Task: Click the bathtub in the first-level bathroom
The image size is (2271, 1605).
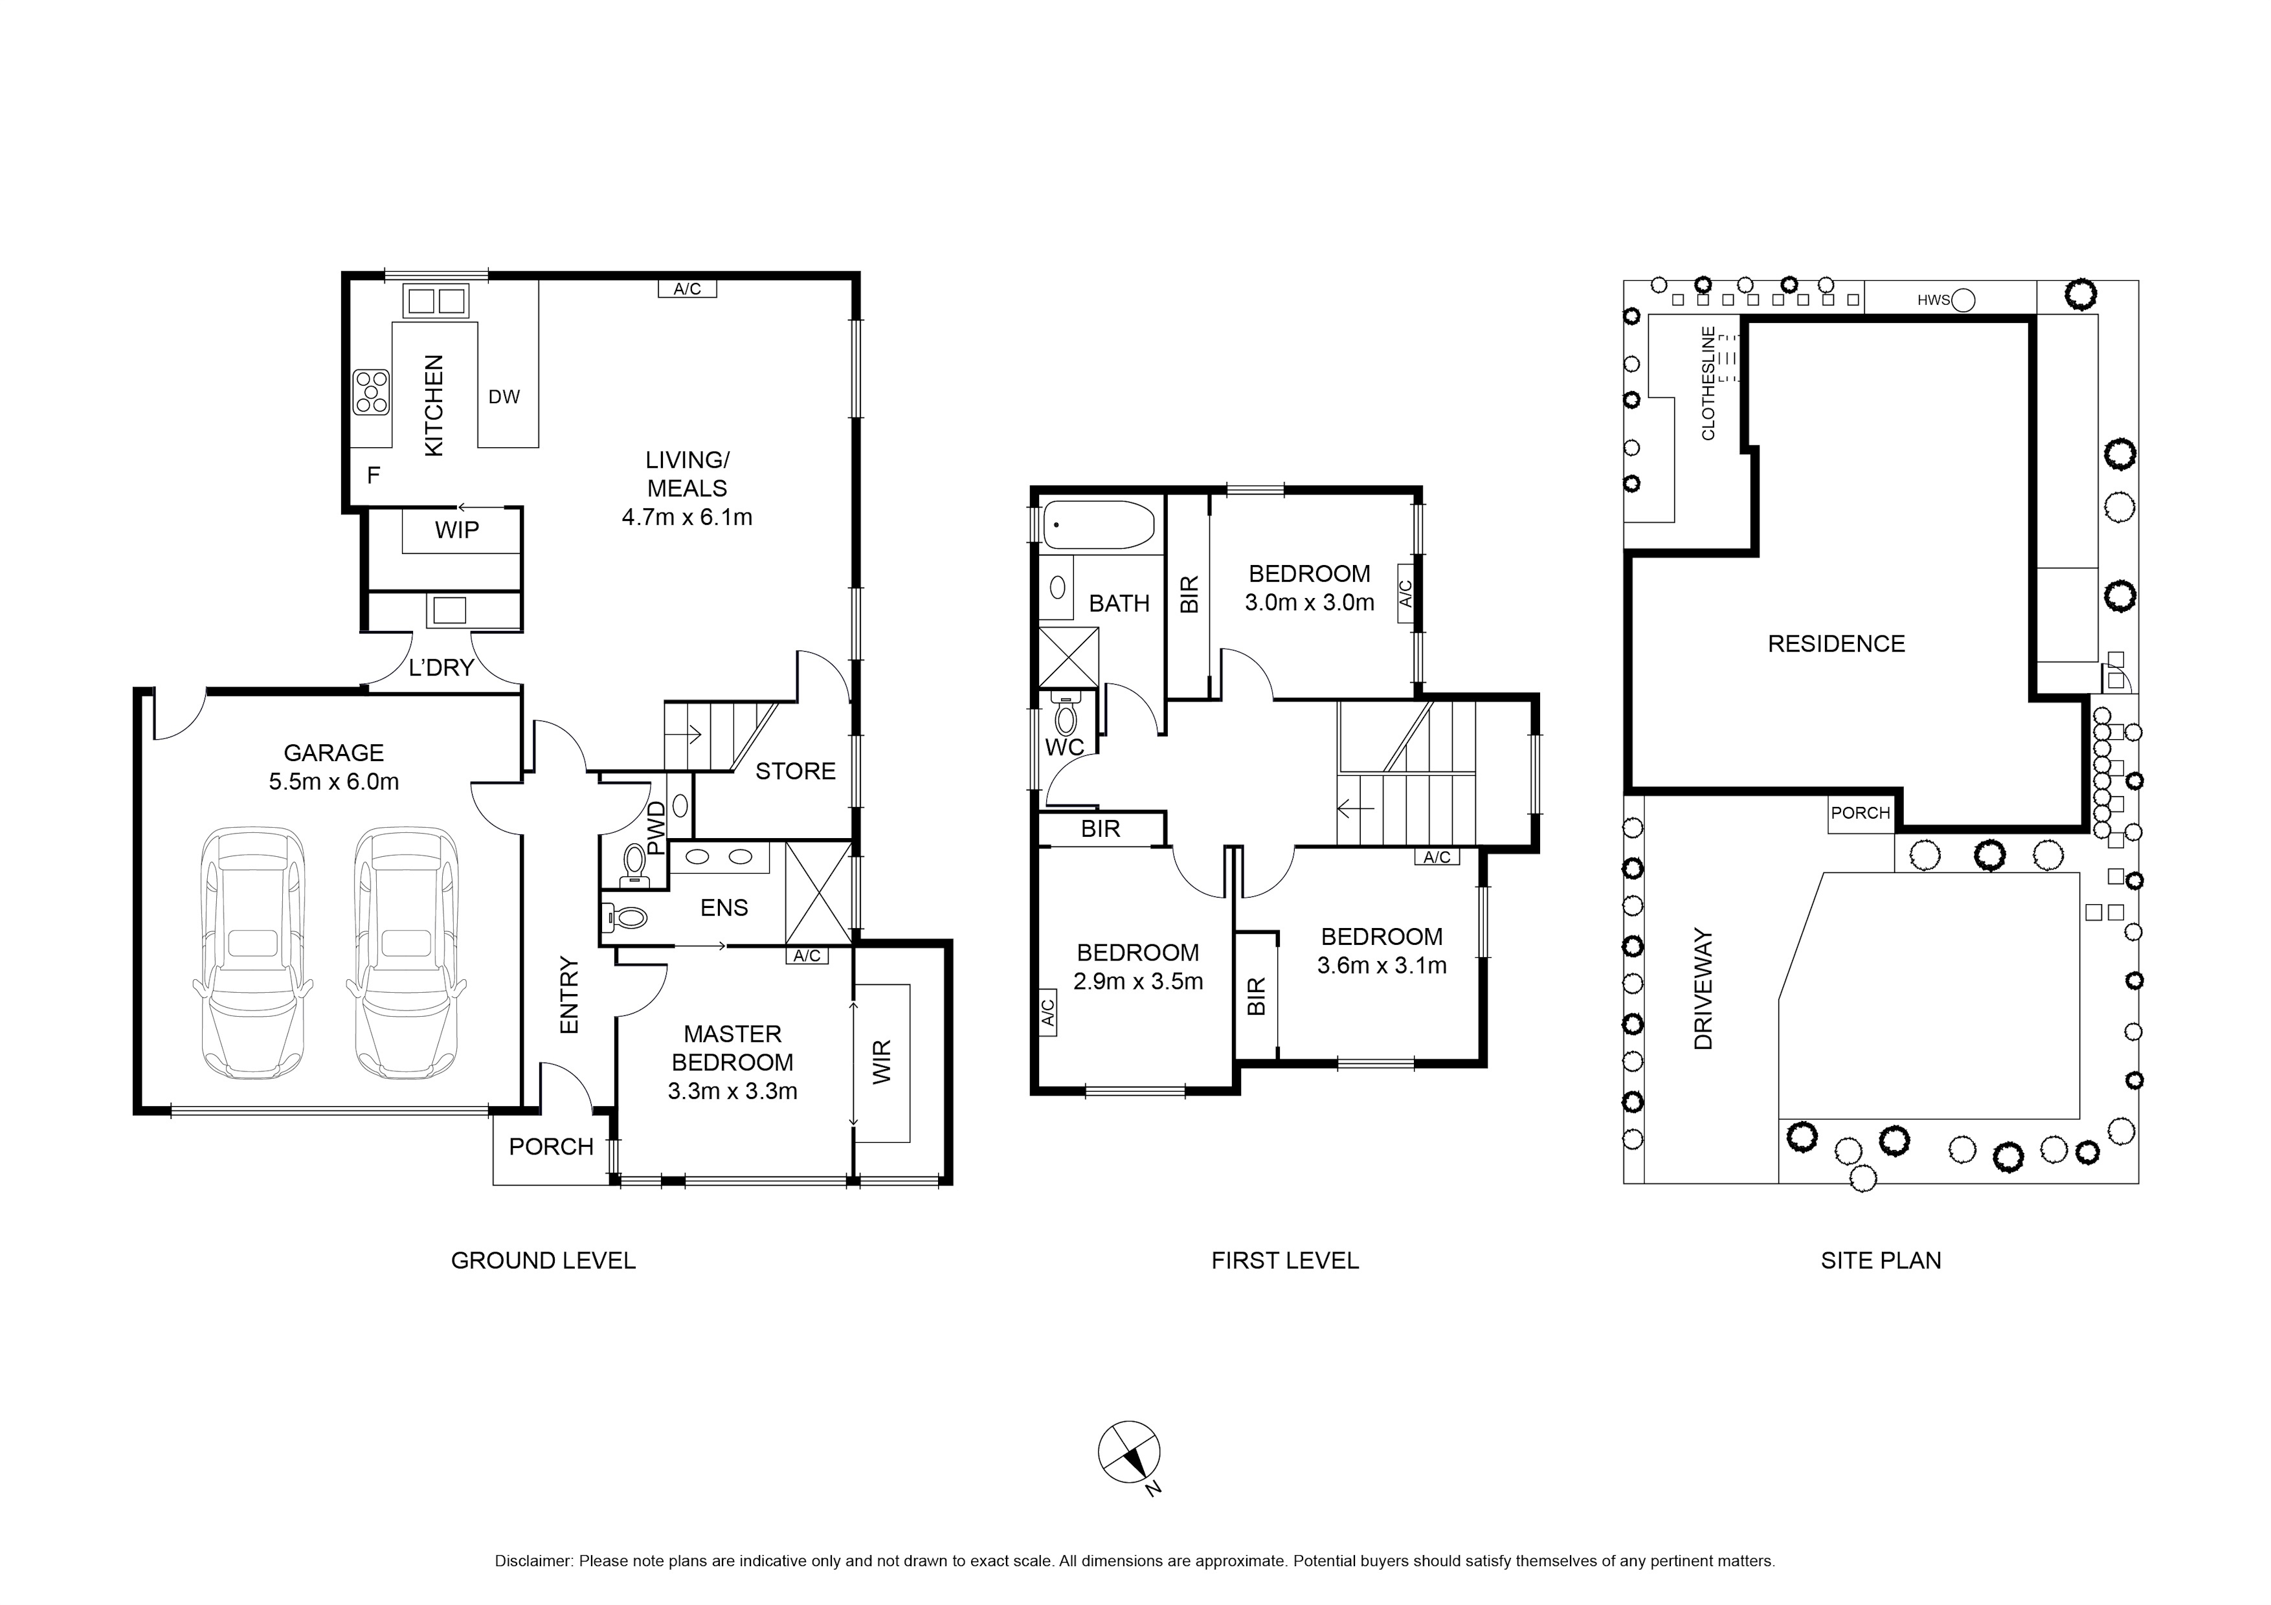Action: [x=1099, y=525]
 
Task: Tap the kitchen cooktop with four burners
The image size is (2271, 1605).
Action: [x=372, y=392]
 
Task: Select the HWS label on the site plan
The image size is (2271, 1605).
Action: [x=1934, y=300]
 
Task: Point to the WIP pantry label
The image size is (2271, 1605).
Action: [x=457, y=530]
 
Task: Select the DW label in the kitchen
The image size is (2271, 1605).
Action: [x=504, y=397]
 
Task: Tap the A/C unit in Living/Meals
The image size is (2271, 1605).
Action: [x=688, y=289]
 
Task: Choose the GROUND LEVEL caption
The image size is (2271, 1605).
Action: [x=543, y=1260]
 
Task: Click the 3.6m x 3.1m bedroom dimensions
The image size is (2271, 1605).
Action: [x=1382, y=965]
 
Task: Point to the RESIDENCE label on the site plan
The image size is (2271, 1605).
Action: [x=1836, y=644]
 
